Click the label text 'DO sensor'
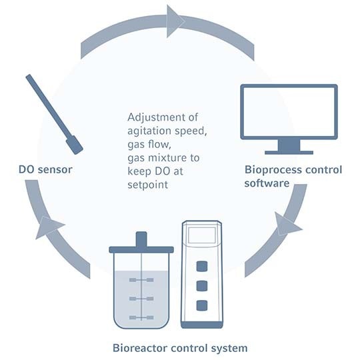[x=45, y=169]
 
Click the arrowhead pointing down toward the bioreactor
[x=287, y=224]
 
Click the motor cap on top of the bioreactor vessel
[x=141, y=239]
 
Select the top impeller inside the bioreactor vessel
[x=141, y=279]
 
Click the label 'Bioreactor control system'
[x=180, y=347]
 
